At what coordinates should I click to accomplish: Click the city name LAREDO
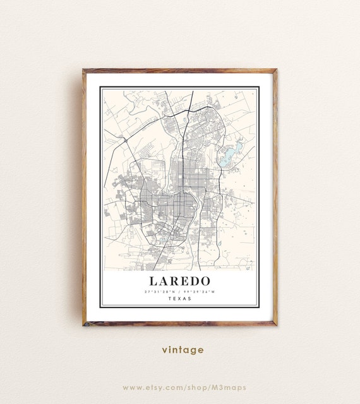[x=179, y=280]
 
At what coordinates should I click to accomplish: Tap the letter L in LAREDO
[x=154, y=280]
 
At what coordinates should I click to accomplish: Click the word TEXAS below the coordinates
[x=180, y=299]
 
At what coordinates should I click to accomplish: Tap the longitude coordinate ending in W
[x=200, y=292]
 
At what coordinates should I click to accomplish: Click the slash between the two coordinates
[x=179, y=292]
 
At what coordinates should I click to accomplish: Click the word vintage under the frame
[x=183, y=350]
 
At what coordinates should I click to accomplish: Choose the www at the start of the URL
[x=131, y=387]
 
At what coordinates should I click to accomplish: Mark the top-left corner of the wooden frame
[x=83, y=70]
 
